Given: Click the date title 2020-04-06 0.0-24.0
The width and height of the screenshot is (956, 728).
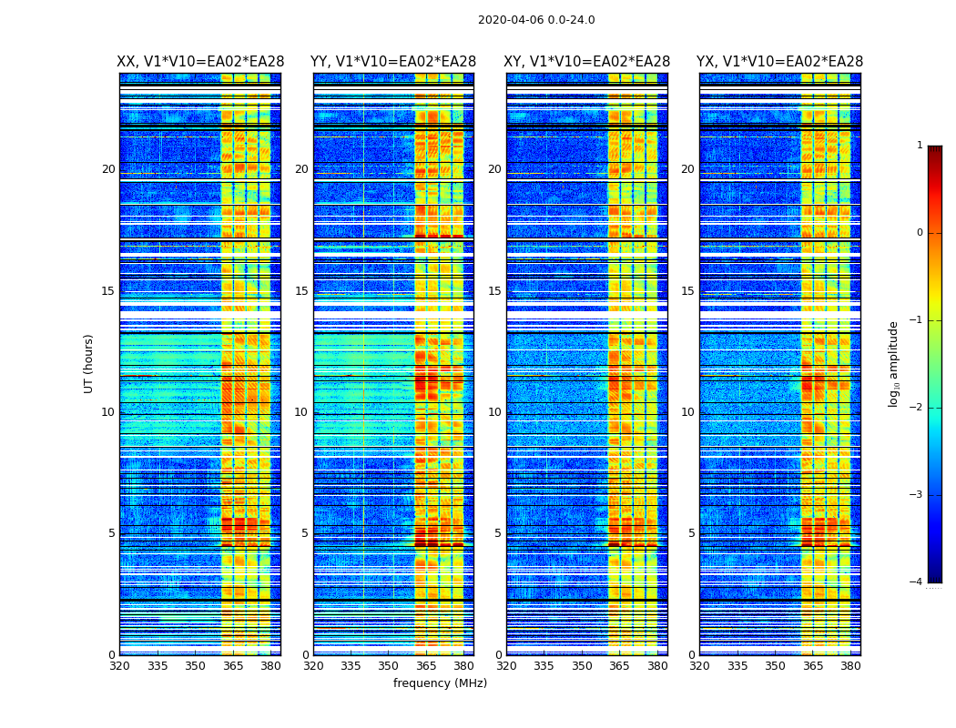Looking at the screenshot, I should coord(536,20).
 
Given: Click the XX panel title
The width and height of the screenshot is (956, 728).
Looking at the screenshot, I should coord(200,62).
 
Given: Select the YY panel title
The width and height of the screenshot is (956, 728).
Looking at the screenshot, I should coord(393,62).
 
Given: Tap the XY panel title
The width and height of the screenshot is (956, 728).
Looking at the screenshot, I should coord(587,62).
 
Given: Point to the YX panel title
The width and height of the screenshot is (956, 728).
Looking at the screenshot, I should coord(780,62).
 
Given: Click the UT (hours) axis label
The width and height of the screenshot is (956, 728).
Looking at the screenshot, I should coord(88,363).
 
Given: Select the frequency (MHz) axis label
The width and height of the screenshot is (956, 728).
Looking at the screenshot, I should coord(440,683).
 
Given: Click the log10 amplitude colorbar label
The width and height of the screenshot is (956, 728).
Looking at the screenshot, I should coord(894,363).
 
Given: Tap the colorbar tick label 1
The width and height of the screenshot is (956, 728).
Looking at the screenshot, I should coord(919,146).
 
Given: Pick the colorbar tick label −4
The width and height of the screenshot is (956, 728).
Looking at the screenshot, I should coord(917,582).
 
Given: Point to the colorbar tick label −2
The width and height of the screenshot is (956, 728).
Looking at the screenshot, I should coord(917,408).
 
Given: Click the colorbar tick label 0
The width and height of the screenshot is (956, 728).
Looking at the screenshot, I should coord(919,233).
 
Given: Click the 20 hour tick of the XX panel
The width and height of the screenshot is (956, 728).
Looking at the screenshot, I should coord(108,169).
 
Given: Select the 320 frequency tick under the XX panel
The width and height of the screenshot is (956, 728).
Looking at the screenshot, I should coord(119,666).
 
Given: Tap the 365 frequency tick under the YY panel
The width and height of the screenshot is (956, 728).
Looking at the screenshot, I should coord(426,666).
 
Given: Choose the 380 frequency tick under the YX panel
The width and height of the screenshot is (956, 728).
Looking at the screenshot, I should coord(850,666).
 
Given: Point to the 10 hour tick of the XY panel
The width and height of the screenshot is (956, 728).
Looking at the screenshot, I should coord(494,412).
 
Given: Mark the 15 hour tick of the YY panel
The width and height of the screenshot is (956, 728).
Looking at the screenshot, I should coord(301,291).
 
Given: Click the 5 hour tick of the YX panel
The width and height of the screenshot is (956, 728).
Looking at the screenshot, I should coord(692,533).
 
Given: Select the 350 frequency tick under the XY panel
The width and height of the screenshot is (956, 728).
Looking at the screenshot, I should coord(582,666).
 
